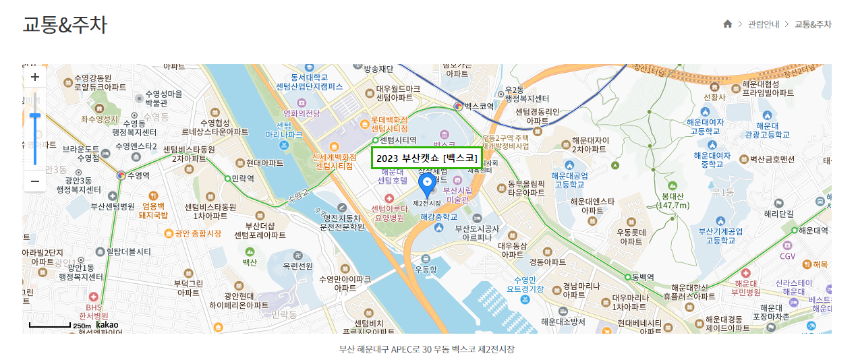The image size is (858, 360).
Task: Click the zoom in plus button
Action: coord(35,77)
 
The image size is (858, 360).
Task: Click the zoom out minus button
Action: coord(35,181)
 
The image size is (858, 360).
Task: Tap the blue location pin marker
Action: coord(427,183)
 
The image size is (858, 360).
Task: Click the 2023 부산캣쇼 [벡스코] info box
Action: coord(426,158)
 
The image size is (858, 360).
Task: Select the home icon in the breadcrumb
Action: coord(727,24)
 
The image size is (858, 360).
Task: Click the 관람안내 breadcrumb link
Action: coord(764,24)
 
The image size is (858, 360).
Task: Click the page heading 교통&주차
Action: coord(65,24)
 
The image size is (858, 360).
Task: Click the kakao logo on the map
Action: coord(107,325)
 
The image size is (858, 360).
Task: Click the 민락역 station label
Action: coord(243,179)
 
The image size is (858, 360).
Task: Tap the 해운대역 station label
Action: coord(813,231)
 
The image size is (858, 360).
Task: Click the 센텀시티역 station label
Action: coord(398,140)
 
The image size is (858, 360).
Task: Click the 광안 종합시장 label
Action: coord(198,233)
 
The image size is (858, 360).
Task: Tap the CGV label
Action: coord(788,256)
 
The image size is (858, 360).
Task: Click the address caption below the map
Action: coord(426,349)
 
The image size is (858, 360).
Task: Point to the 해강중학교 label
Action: coord(439,217)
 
